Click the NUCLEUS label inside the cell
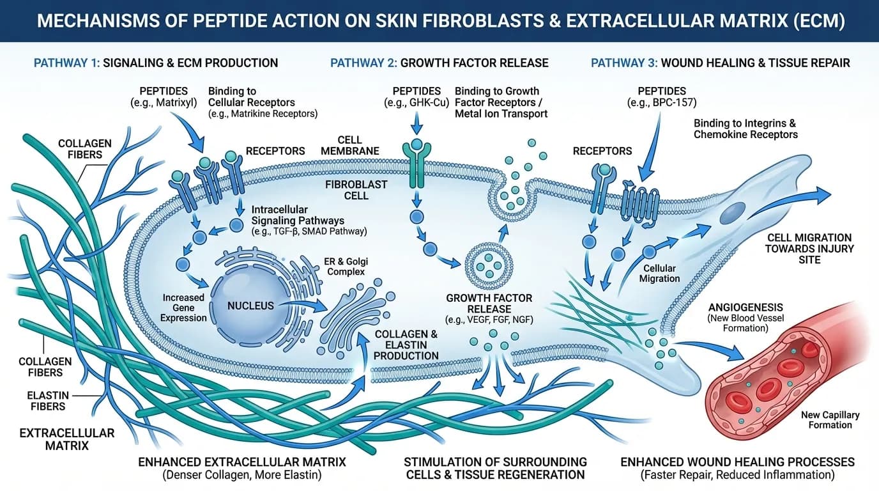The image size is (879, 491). (x=250, y=306)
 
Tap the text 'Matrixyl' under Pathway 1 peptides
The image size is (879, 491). (x=176, y=103)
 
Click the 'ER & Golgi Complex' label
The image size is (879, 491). (x=346, y=267)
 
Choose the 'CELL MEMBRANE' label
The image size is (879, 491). (x=349, y=146)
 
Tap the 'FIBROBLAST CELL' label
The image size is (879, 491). (x=356, y=190)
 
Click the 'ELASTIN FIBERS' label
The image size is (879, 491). (x=48, y=401)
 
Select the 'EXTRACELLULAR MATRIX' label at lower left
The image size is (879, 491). (x=66, y=440)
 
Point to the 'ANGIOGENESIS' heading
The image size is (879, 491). (x=745, y=307)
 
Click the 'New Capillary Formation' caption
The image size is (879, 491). (x=830, y=420)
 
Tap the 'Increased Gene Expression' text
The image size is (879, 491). (x=183, y=308)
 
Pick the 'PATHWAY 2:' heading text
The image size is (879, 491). (x=363, y=63)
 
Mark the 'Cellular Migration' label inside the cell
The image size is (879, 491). (x=659, y=274)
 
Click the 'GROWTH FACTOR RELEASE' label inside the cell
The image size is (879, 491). (x=489, y=304)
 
